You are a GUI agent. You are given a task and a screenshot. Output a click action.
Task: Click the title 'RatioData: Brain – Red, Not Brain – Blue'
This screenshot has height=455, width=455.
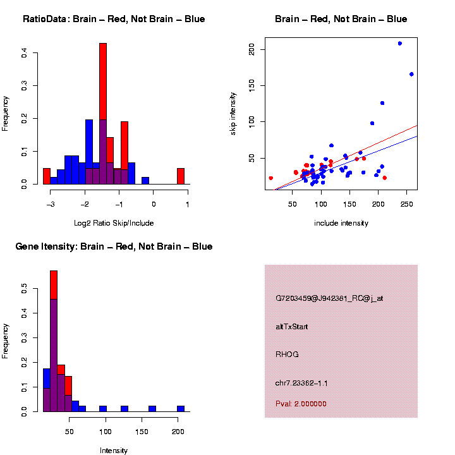click(x=114, y=19)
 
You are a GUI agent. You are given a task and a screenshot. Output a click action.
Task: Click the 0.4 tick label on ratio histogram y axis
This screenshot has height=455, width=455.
click(x=24, y=54)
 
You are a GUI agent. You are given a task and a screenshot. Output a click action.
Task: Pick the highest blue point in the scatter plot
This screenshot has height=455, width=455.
click(x=400, y=44)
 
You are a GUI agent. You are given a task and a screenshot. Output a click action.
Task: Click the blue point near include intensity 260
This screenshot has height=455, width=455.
click(x=411, y=74)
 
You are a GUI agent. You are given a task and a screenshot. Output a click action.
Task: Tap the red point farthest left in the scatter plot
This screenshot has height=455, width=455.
click(x=271, y=178)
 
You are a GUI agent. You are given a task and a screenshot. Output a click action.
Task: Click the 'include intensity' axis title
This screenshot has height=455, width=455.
click(x=341, y=223)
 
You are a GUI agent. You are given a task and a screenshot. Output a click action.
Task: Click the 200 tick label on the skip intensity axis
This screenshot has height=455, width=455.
click(x=252, y=49)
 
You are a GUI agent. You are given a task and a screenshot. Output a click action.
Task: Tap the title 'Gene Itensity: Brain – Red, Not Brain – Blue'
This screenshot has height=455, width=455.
click(x=114, y=246)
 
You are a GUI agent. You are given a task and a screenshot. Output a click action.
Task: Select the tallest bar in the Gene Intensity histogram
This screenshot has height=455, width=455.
click(x=54, y=341)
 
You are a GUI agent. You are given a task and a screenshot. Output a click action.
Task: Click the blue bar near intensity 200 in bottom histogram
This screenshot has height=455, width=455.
click(x=181, y=408)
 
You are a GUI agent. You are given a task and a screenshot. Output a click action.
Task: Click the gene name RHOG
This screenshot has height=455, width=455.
click(x=287, y=355)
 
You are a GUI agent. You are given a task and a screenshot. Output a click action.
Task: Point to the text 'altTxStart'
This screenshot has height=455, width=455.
click(x=291, y=327)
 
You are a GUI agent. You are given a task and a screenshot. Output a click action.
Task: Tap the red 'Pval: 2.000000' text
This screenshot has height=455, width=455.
click(x=301, y=404)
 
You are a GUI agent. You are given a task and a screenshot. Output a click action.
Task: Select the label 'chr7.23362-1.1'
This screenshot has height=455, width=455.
click(x=301, y=383)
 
